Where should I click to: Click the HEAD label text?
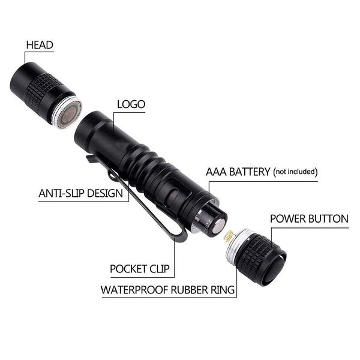click(40, 44)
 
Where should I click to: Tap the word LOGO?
click(131, 104)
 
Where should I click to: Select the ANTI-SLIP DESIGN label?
click(80, 194)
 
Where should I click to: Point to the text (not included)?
click(295, 173)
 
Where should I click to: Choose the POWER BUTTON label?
click(309, 218)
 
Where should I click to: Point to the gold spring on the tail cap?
click(229, 237)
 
